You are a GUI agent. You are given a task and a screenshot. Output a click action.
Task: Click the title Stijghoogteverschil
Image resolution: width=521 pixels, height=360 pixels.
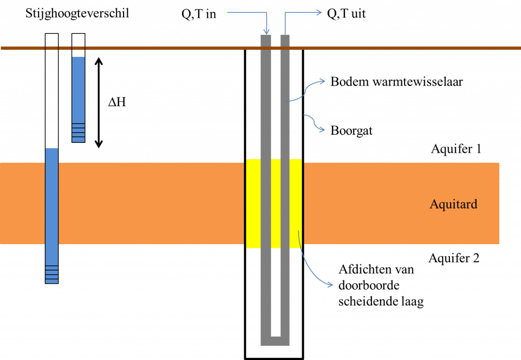click(77, 14)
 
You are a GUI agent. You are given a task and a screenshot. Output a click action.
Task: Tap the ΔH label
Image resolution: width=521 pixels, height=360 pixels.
click(118, 102)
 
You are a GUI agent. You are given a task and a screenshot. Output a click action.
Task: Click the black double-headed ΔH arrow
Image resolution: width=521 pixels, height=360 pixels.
click(99, 103)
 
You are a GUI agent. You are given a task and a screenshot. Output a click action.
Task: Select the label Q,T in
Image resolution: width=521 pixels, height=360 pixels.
click(199, 14)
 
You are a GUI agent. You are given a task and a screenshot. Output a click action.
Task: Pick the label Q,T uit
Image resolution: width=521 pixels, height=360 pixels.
click(346, 14)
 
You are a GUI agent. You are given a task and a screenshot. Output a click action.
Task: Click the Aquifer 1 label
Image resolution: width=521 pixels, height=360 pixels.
click(456, 149)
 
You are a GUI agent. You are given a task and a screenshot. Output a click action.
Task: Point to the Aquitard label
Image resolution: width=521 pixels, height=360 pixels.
click(453, 204)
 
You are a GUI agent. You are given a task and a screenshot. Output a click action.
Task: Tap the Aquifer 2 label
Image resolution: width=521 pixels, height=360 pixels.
click(454, 258)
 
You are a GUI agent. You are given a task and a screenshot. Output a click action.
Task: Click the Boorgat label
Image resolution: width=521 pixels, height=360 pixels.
click(352, 131)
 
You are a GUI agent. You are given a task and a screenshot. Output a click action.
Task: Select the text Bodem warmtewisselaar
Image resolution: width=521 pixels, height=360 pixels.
click(396, 82)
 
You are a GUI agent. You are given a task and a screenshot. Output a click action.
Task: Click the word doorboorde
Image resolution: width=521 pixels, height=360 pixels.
click(369, 285)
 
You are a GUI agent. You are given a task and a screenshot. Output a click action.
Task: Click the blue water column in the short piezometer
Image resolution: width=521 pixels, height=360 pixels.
click(78, 91)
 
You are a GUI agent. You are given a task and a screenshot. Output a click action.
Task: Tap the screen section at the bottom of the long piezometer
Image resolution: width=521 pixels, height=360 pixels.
click(52, 274)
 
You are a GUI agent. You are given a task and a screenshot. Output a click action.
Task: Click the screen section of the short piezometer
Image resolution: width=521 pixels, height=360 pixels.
click(78, 133)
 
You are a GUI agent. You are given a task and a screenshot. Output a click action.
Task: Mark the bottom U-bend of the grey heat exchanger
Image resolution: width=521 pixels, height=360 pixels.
click(275, 341)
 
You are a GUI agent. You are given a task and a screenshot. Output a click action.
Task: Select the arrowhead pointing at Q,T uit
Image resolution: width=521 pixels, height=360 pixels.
click(319, 13)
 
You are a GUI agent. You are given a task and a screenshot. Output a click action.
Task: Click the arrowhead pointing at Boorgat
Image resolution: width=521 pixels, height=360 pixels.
click(322, 130)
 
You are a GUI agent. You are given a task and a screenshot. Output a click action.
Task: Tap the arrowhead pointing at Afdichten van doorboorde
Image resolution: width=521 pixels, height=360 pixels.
click(330, 285)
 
